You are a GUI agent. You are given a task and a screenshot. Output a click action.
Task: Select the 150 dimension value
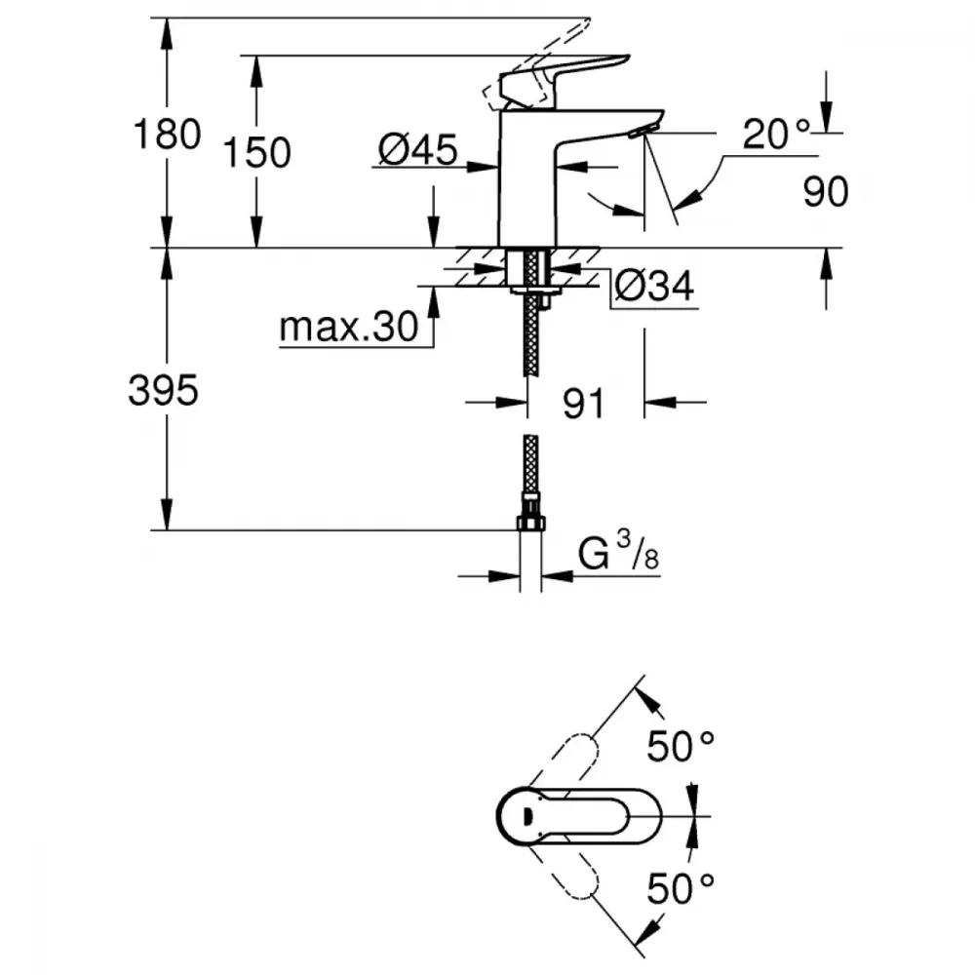pyautogui.click(x=257, y=152)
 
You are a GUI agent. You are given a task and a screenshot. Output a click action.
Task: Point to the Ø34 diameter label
pyautogui.click(x=654, y=287)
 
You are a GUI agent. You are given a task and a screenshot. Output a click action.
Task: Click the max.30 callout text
pyautogui.click(x=348, y=329)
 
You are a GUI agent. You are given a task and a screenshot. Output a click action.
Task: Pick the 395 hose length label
pyautogui.click(x=163, y=391)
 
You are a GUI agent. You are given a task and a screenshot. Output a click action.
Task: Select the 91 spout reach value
pyautogui.click(x=584, y=403)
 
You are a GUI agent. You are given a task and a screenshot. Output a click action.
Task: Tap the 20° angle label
pyautogui.click(x=776, y=134)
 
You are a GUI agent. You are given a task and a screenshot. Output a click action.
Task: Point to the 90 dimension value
pyautogui.click(x=826, y=192)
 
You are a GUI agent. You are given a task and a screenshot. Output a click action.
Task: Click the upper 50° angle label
pyautogui.click(x=682, y=749)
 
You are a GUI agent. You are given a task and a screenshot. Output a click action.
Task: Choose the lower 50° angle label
pyautogui.click(x=682, y=887)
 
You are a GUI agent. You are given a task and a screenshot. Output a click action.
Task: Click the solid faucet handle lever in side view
pyautogui.click(x=565, y=74)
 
